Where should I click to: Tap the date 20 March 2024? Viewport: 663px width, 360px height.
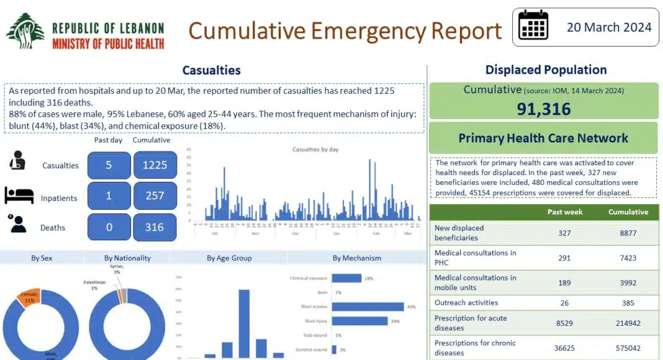click(609, 27)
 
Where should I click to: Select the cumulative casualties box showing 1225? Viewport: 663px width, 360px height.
click(155, 166)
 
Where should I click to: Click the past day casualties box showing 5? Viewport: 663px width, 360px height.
click(109, 166)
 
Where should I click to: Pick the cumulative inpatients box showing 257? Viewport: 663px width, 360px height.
click(155, 196)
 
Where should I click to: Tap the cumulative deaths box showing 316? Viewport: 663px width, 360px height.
click(155, 227)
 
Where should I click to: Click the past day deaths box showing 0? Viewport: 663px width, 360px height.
click(109, 227)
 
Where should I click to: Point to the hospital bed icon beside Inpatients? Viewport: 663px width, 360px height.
click(19, 196)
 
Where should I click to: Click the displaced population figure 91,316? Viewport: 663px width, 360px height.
click(543, 109)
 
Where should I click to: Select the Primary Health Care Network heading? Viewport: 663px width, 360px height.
click(543, 138)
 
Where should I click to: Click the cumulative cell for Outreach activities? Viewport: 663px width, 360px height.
click(628, 303)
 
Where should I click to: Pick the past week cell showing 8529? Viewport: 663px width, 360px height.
click(564, 323)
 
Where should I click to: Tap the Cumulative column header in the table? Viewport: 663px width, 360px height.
click(628, 212)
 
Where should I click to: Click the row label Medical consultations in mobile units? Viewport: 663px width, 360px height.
click(475, 282)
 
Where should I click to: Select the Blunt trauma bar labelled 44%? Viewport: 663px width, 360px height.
click(368, 307)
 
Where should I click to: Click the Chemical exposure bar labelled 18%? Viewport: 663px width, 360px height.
click(346, 278)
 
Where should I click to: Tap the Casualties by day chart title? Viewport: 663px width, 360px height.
click(315, 150)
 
